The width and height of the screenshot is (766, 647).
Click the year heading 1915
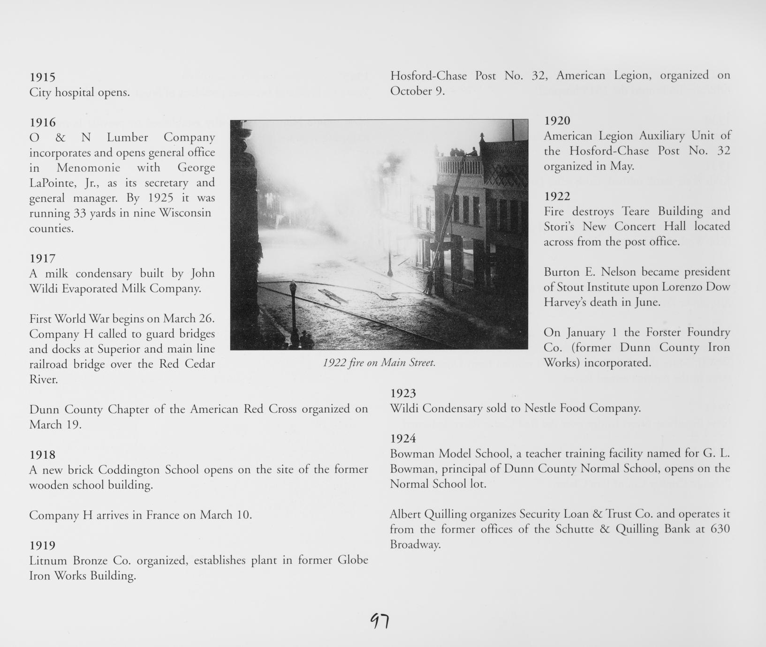click(42, 77)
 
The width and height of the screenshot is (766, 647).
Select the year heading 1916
click(42, 122)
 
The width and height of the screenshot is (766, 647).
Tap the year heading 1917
click(42, 258)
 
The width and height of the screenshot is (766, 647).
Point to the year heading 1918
click(42, 454)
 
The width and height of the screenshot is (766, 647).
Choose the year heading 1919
click(42, 545)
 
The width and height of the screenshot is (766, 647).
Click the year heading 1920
click(557, 120)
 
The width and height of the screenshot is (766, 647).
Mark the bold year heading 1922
click(557, 196)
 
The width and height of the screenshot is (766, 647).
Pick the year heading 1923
click(403, 393)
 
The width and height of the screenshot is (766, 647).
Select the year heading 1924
click(403, 438)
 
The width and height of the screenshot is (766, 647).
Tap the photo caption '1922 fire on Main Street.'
click(379, 362)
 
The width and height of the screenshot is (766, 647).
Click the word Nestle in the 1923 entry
click(540, 408)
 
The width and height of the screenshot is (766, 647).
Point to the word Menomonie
click(88, 167)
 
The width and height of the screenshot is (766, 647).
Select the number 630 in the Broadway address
click(720, 529)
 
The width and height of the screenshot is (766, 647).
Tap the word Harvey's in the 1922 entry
click(563, 302)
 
